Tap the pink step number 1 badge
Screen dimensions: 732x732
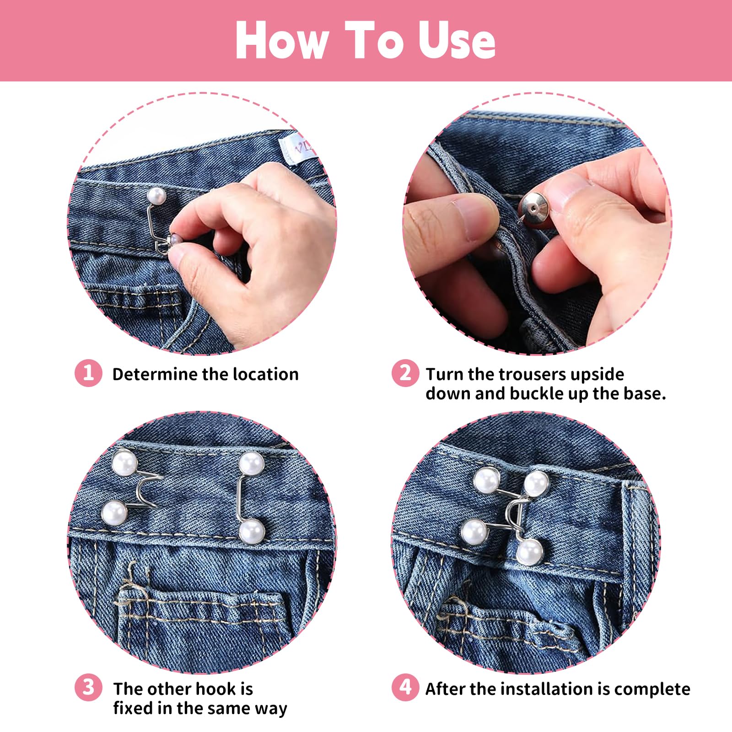[88, 373]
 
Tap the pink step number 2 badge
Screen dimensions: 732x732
[405, 373]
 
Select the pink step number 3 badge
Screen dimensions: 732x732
[88, 688]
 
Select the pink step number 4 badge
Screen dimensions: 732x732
[405, 688]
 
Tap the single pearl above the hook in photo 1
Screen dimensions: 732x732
[156, 197]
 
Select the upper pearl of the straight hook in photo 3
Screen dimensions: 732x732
[252, 464]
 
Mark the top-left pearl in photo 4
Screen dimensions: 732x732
[486, 480]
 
